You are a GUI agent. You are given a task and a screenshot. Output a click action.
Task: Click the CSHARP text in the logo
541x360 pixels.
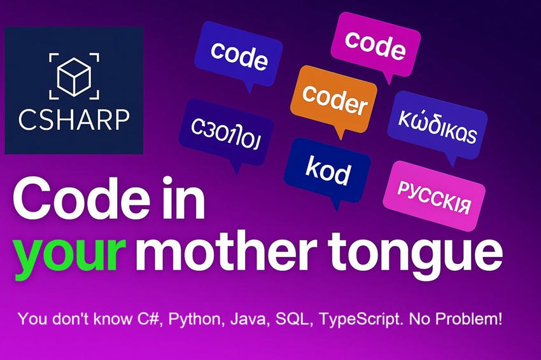(73, 120)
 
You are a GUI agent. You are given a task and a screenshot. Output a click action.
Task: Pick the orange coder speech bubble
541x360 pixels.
(334, 100)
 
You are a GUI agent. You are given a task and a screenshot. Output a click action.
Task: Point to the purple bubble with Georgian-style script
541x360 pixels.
(226, 131)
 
